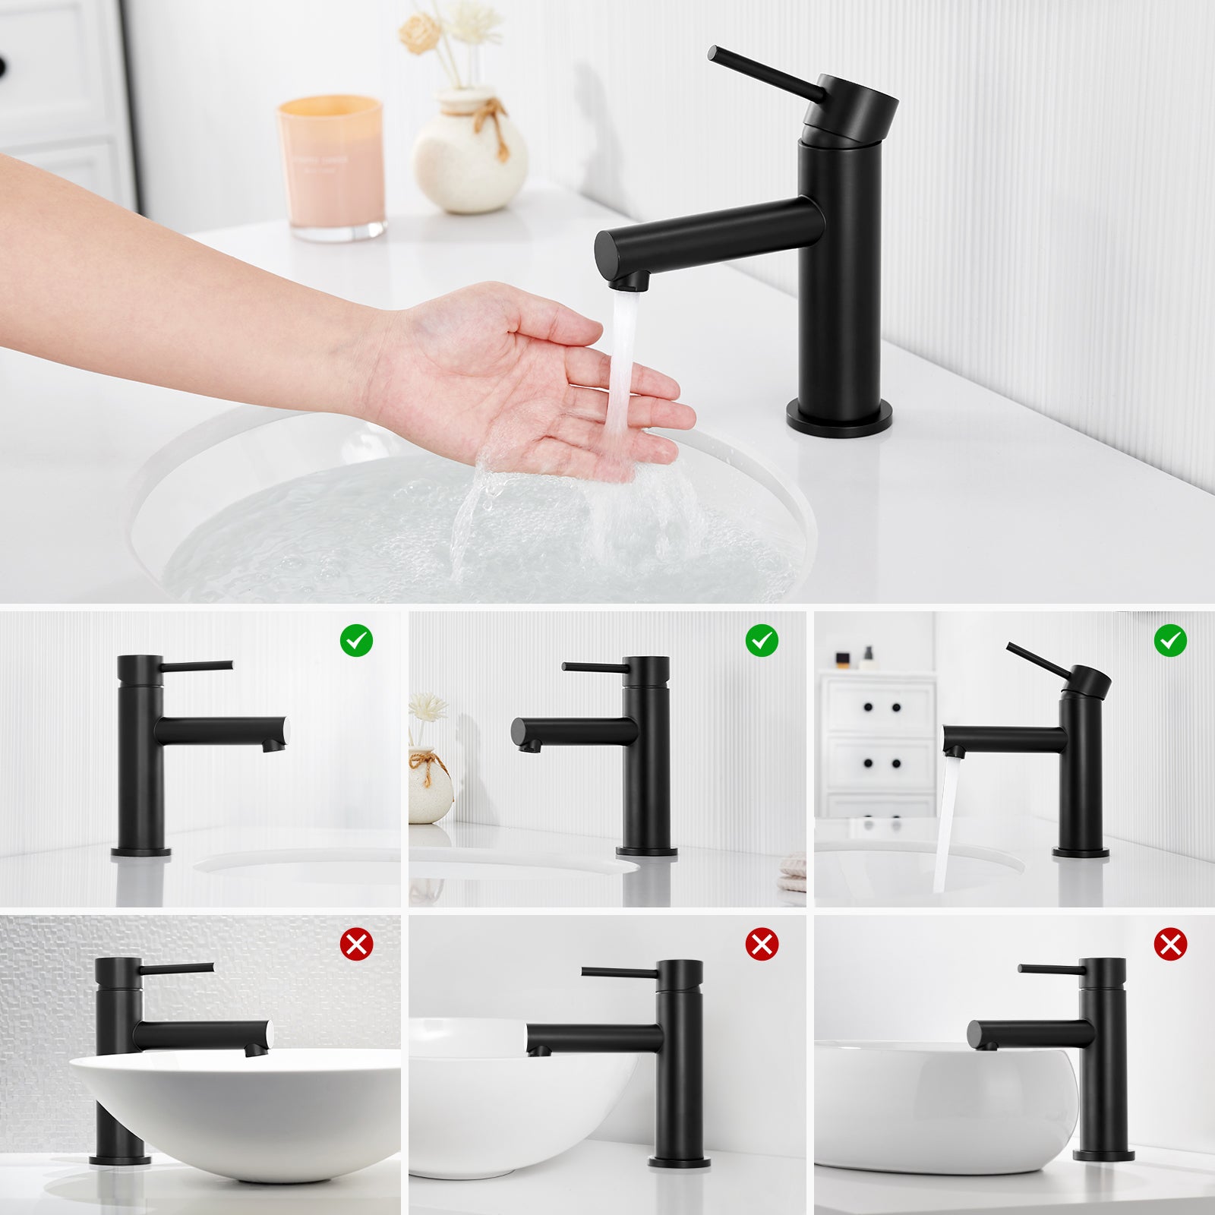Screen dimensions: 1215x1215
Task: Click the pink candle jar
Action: pos(331,167)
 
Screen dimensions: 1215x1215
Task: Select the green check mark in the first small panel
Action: pos(356,641)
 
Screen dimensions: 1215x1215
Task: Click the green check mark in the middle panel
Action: pos(762,641)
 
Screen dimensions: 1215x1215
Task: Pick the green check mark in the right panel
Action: pos(1170,641)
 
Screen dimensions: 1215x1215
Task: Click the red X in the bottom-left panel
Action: pos(356,945)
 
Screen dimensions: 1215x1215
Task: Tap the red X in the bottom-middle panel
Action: pos(762,945)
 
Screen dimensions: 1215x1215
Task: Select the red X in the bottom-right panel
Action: pos(1170,945)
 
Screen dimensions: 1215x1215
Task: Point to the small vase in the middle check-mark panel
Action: pos(430,786)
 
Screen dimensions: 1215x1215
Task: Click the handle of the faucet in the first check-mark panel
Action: pos(197,666)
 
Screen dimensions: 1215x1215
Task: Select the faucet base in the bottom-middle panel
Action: pos(679,1161)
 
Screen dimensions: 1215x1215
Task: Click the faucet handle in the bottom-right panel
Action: pos(1052,969)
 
